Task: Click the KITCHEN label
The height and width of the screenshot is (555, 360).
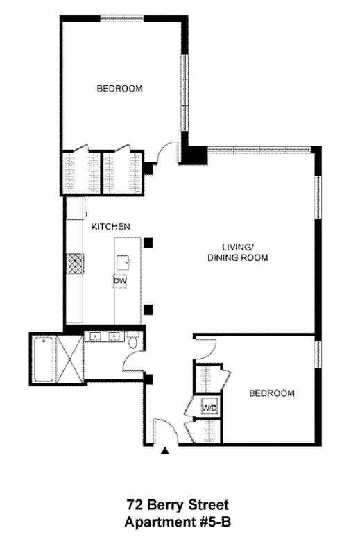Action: [x=111, y=227]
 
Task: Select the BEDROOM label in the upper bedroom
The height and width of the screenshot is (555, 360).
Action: [x=119, y=88]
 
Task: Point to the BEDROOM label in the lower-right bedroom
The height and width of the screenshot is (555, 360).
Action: [x=272, y=393]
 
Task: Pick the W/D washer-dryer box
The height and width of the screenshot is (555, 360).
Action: [x=209, y=408]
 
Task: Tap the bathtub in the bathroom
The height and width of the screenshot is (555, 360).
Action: [x=46, y=359]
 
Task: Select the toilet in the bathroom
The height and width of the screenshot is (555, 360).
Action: [x=136, y=341]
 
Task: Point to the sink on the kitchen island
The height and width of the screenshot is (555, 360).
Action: [x=125, y=262]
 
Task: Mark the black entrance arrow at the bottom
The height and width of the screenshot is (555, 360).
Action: [x=165, y=452]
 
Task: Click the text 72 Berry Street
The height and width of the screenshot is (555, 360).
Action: [x=177, y=505]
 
